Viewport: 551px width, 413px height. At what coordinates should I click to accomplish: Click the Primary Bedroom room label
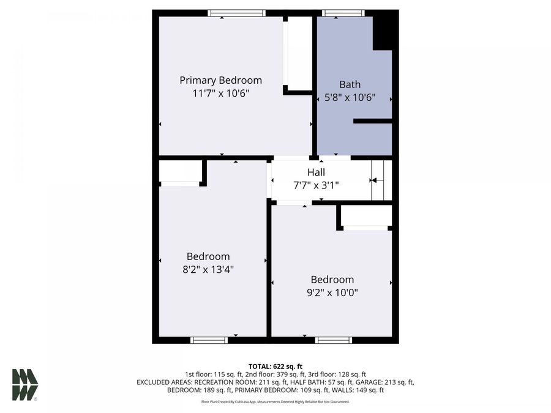click(x=220, y=80)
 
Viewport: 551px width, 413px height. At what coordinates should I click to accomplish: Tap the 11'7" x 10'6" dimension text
click(x=220, y=93)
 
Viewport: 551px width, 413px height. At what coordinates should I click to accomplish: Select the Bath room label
click(x=350, y=84)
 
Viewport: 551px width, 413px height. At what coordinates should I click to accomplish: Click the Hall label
click(x=316, y=173)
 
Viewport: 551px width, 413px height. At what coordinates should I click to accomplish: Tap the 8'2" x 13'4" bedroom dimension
click(x=208, y=269)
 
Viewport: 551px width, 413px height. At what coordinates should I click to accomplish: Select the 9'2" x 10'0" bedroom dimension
click(x=332, y=292)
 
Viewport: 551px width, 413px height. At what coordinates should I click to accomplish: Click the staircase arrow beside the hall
click(x=373, y=180)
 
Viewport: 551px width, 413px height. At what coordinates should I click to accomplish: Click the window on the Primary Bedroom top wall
click(x=236, y=13)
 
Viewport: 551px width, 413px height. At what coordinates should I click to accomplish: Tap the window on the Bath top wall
click(x=343, y=13)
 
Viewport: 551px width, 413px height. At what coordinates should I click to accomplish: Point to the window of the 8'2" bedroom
click(x=209, y=340)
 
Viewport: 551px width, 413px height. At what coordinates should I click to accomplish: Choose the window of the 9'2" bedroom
click(x=334, y=340)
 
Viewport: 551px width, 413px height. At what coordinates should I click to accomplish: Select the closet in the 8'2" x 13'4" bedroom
click(x=179, y=172)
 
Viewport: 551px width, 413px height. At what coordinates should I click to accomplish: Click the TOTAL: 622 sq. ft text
click(x=275, y=365)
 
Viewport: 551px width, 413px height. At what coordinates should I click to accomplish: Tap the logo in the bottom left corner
click(x=25, y=385)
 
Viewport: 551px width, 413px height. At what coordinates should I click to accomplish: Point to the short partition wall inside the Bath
click(x=372, y=121)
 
